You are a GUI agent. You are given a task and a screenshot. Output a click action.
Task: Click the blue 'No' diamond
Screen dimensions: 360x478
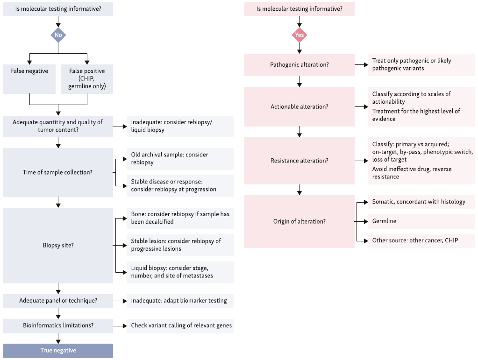58,35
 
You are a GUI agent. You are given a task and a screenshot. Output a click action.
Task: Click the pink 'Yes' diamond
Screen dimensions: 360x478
300,35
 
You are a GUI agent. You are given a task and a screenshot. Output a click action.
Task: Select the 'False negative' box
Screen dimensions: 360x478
29,78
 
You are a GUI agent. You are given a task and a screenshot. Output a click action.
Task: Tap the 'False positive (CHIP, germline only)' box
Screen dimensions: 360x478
87,78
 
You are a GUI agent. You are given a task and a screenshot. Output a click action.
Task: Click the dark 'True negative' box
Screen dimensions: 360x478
58,351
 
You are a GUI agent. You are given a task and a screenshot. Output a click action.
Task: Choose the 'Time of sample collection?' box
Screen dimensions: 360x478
58,172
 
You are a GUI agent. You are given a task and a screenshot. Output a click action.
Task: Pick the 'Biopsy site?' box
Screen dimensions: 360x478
58,245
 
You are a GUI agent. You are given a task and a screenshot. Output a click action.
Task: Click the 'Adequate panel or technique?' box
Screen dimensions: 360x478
58,301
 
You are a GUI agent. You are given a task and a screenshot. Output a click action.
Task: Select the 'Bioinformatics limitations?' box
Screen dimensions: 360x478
58,326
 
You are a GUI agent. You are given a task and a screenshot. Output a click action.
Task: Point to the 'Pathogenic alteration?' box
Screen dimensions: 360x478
300,64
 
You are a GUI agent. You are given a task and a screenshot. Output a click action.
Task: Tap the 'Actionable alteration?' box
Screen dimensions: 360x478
300,106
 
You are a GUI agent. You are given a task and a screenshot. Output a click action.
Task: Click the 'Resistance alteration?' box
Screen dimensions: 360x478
300,161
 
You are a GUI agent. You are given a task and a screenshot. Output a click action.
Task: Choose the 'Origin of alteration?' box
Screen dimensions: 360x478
300,221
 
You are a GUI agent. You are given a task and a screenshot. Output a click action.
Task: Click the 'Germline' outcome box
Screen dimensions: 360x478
421,221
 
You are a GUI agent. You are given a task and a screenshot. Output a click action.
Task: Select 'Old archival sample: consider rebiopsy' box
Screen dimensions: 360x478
180,159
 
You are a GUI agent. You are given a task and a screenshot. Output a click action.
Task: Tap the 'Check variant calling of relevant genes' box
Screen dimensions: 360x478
180,326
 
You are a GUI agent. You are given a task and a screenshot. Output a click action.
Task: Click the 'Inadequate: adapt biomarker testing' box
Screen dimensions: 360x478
180,301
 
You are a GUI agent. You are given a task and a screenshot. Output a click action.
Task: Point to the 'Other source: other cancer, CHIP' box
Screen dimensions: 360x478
421,240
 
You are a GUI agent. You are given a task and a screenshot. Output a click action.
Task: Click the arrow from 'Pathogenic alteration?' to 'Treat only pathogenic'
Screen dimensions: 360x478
361,64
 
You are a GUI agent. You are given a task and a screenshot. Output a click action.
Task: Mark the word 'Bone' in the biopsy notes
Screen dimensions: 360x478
138,214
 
